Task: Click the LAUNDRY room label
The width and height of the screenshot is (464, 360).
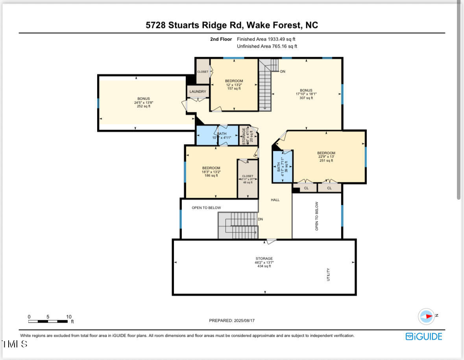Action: [198, 92]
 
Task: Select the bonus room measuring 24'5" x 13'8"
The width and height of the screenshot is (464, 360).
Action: [143, 102]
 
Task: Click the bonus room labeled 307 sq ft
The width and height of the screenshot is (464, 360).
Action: [306, 94]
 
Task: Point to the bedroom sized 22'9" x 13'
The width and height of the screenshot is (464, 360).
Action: [326, 157]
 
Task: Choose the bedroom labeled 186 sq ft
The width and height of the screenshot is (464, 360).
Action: [211, 172]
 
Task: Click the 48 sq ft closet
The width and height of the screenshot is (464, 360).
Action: [248, 179]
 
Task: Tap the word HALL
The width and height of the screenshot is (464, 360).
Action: [275, 200]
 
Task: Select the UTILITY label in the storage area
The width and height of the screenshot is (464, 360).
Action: [328, 275]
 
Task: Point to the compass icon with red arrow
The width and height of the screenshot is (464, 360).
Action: [426, 316]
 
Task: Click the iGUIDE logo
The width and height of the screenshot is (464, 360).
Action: [424, 336]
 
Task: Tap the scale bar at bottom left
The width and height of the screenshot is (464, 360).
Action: [48, 321]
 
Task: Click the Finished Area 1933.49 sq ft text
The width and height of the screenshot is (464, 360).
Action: [266, 39]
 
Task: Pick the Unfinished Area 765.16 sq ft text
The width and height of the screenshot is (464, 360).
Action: [267, 46]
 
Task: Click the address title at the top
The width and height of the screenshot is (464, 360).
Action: [232, 25]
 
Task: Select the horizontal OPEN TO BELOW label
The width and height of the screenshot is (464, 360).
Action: [206, 208]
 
